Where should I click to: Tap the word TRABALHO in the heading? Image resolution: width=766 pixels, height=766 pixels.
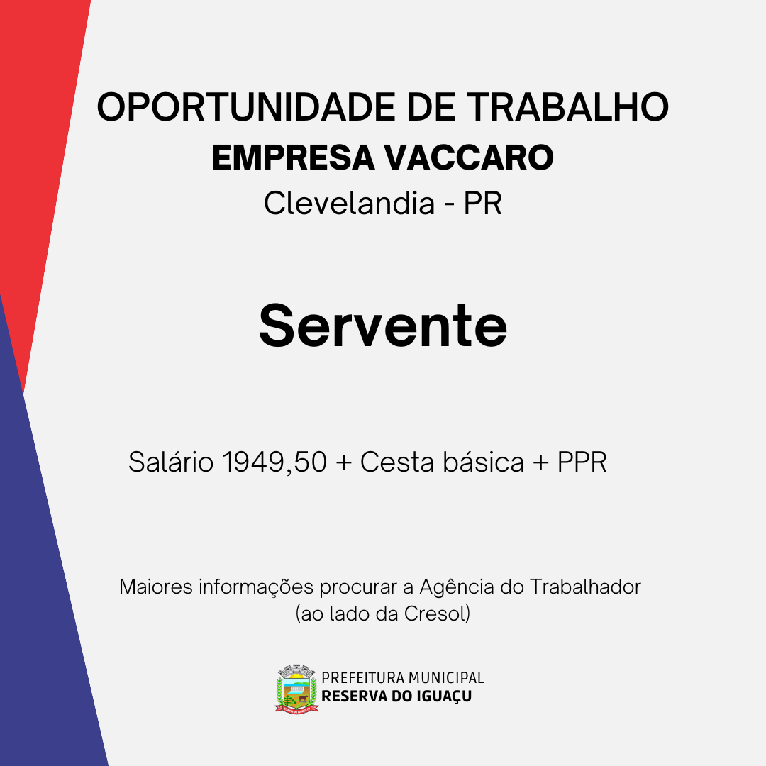[x=567, y=107]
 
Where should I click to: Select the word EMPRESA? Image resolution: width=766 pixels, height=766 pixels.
[x=293, y=157]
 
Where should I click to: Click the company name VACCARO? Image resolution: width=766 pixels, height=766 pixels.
[x=469, y=157]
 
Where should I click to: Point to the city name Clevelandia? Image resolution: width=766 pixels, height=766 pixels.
[x=349, y=204]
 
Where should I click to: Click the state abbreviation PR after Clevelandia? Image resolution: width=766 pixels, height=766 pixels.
[x=483, y=204]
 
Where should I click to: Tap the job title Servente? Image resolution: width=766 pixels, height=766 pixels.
[x=383, y=326]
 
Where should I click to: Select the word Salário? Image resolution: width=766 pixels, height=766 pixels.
[x=171, y=462]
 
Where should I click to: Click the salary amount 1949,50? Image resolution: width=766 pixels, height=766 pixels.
[x=274, y=462]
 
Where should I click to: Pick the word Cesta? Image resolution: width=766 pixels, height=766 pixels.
[x=397, y=462]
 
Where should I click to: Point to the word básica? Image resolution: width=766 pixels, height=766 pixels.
[x=483, y=462]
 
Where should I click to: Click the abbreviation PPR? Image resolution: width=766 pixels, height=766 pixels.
[x=582, y=462]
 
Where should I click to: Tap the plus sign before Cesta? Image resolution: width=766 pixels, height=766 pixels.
[x=344, y=463]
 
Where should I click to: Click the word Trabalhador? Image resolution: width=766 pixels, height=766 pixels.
[x=585, y=587]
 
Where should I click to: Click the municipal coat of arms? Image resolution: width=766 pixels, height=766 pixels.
[x=296, y=689]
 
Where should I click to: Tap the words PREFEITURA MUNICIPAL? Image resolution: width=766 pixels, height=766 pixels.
[x=403, y=678]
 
